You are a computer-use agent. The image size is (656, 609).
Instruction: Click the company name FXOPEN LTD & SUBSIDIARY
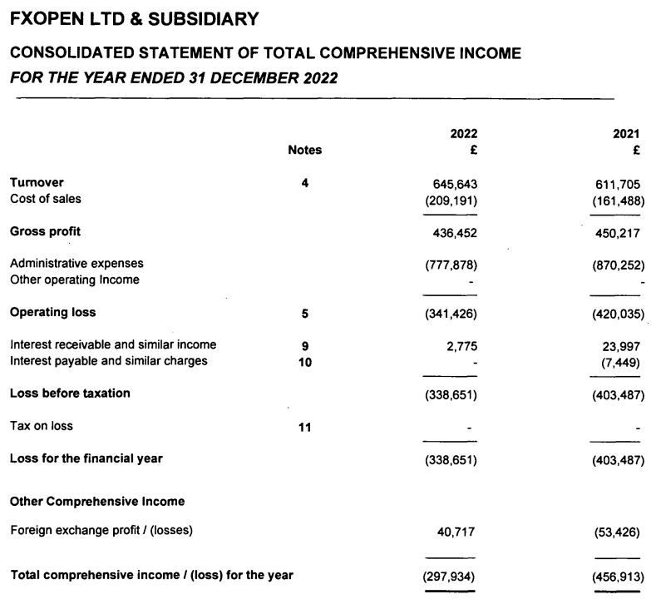point(134,18)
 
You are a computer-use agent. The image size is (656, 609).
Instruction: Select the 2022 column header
point(463,134)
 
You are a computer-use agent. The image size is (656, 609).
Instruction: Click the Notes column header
point(304,151)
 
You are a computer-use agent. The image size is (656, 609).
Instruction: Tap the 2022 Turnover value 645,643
point(455,183)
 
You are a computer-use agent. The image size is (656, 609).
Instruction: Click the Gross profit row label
point(45,231)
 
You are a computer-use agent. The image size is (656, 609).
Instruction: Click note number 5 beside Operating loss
point(304,314)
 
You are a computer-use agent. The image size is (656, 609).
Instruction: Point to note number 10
point(304,362)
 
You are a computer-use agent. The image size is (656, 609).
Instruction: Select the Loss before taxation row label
point(70,393)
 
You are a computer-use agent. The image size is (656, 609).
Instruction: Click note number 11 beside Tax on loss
point(304,428)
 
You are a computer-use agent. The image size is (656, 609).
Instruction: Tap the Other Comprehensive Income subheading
point(97,502)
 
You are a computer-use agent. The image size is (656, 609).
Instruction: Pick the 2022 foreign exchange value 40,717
point(456,531)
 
